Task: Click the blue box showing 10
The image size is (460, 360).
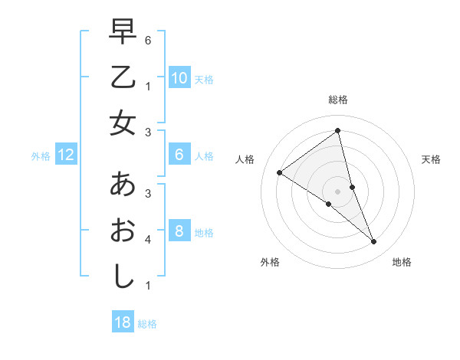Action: [179, 78]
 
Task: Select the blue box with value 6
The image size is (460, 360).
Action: [179, 155]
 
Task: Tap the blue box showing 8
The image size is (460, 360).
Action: [179, 231]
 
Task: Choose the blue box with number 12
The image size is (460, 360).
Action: [65, 155]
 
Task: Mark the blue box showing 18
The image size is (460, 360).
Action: [123, 322]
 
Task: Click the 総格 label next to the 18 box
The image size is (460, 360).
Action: [147, 324]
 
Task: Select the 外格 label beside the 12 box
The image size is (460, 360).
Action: [41, 156]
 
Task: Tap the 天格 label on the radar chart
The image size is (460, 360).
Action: [432, 159]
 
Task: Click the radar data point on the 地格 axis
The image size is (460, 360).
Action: [374, 242]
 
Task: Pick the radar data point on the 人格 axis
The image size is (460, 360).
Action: [279, 172]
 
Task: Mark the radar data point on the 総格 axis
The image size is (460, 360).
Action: [337, 131]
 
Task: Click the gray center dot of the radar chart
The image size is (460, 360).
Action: [337, 191]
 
